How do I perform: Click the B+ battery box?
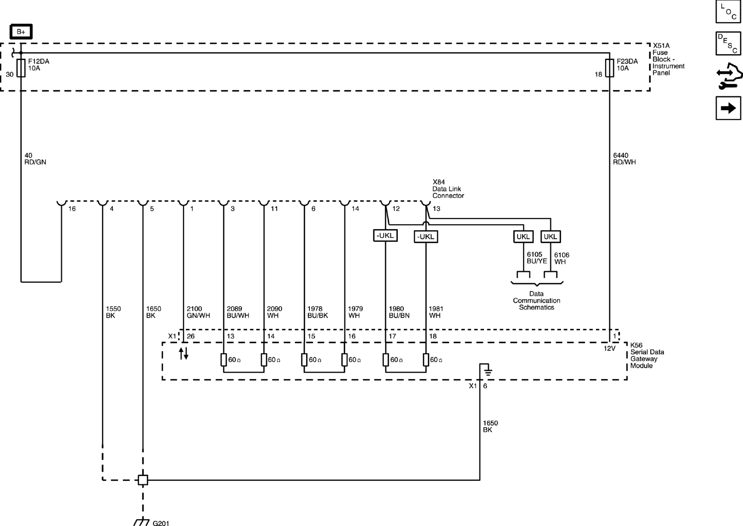(21, 32)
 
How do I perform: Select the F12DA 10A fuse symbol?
(21, 68)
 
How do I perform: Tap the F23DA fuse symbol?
(609, 68)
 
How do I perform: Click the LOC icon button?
(728, 12)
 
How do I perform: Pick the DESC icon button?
(728, 43)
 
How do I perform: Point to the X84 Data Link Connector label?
(448, 189)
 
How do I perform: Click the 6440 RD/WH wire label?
(624, 159)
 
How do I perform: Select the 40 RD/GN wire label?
(35, 159)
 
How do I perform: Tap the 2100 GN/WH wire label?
(198, 312)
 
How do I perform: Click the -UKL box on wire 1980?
(385, 236)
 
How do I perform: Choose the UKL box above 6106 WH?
(550, 237)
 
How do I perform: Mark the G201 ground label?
(161, 523)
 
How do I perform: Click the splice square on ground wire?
(143, 480)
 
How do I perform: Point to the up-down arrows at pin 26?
(183, 353)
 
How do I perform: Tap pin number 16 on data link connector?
(72, 208)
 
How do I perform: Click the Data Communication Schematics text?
(536, 300)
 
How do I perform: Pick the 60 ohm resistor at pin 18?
(426, 360)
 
